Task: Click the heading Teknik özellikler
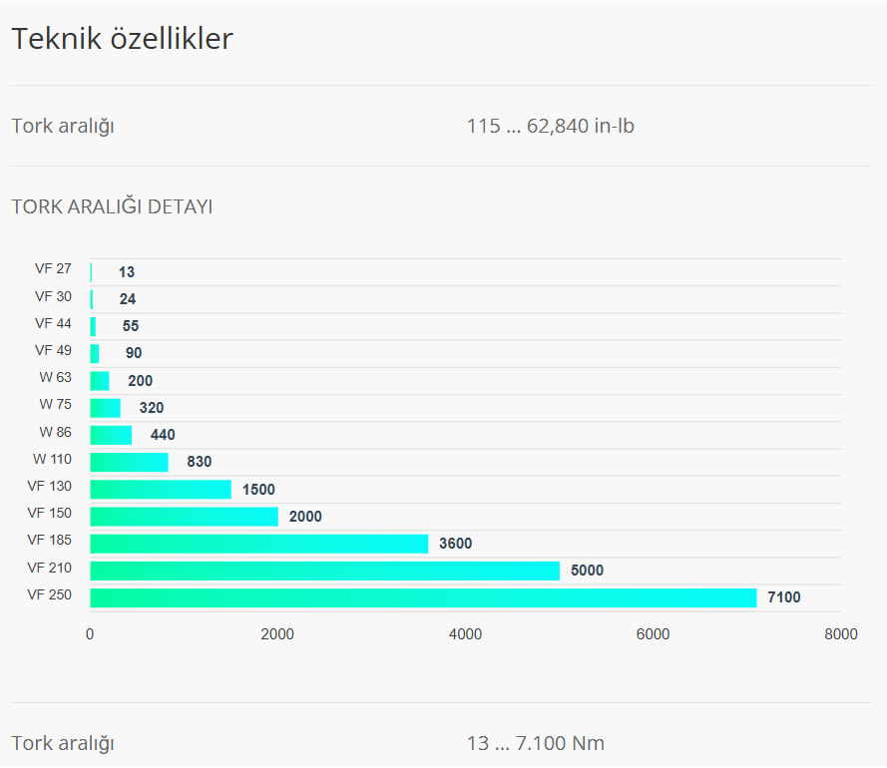[x=122, y=39]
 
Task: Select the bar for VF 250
[x=423, y=597]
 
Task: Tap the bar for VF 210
[x=324, y=571]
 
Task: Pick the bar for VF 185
[x=258, y=544]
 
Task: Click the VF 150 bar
[x=184, y=516]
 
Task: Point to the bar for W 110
[x=129, y=462]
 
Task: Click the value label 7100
[x=783, y=597]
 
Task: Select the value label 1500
[x=258, y=490]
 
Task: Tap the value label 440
[x=163, y=435]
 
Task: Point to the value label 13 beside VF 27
[x=127, y=272]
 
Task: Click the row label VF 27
[x=53, y=268]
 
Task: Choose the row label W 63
[x=56, y=377]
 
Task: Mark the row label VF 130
[x=50, y=486]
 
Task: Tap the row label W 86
[x=56, y=432]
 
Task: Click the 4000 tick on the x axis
[x=465, y=634]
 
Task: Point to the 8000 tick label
[x=840, y=634]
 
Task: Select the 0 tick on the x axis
[x=90, y=634]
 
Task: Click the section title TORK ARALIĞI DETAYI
[x=112, y=207]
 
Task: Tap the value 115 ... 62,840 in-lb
[x=551, y=127]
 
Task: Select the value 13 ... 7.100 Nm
[x=536, y=744]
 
